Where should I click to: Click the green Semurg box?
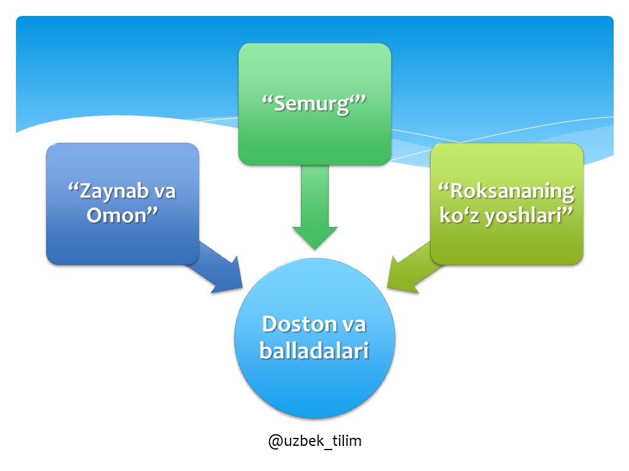click(x=314, y=104)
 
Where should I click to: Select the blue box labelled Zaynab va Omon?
click(x=122, y=204)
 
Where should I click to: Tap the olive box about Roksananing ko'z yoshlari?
click(x=507, y=204)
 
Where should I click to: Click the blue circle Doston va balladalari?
click(x=315, y=339)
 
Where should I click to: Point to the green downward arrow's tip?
click(x=315, y=250)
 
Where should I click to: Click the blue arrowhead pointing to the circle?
click(x=228, y=277)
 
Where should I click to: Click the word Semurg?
click(x=311, y=104)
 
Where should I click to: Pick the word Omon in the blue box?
click(x=117, y=215)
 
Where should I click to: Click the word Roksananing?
click(x=512, y=192)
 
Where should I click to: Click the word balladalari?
click(x=314, y=350)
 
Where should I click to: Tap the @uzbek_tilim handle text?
click(x=315, y=442)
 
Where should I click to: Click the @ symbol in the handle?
click(x=276, y=442)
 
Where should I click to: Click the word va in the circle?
click(x=354, y=325)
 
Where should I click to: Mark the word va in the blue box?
click(x=165, y=192)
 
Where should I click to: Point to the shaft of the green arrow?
click(x=315, y=196)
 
